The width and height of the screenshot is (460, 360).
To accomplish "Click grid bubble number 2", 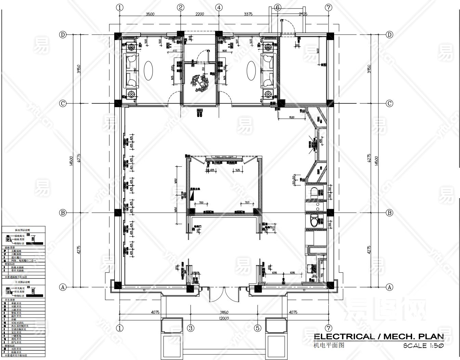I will click(181, 8).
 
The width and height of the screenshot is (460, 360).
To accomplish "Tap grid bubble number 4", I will click(219, 8).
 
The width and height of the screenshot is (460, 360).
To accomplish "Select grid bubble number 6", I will click(277, 8).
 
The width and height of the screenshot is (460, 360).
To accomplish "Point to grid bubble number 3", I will click(191, 328).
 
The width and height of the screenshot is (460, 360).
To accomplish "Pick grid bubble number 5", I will click(258, 328).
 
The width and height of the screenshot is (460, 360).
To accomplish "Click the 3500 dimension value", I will click(150, 14).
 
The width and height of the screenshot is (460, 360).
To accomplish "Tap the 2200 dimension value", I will click(200, 14).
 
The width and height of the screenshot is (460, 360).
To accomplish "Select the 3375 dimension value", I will click(248, 14).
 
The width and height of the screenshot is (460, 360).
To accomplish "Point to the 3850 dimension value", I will click(224, 312).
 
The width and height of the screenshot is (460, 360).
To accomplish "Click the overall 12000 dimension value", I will click(224, 318).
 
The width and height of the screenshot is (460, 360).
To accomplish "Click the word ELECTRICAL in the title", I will click(344, 336).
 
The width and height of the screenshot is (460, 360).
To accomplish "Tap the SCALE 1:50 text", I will click(423, 346).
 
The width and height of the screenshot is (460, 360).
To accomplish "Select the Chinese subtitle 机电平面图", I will click(329, 345).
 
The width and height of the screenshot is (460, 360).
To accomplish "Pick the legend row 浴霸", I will click(15, 319).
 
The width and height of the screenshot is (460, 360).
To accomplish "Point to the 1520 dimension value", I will click(291, 117).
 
